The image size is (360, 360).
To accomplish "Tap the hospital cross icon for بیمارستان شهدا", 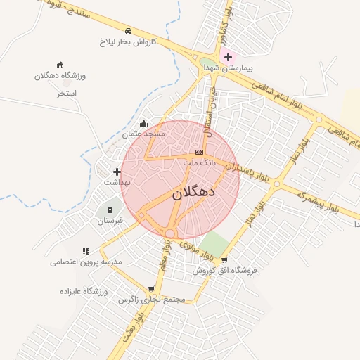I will click(x=229, y=56).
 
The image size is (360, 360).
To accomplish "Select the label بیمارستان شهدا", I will click(x=227, y=68).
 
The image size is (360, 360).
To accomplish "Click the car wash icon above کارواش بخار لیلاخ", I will click(x=128, y=32).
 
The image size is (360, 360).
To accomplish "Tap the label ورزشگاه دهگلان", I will click(x=60, y=75).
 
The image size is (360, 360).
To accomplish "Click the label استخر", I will click(x=67, y=93).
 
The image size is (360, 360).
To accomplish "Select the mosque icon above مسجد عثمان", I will click(x=144, y=123).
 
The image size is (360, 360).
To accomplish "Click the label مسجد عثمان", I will click(x=143, y=134).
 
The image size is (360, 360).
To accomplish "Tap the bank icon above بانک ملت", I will click(x=200, y=152).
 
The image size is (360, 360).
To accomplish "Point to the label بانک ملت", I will click(x=198, y=162).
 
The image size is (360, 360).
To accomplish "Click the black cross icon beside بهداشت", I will click(x=117, y=172).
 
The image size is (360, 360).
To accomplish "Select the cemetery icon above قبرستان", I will click(x=110, y=210).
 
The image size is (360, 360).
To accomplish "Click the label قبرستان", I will click(x=110, y=221).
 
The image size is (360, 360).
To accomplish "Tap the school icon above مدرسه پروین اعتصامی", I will click(x=86, y=250).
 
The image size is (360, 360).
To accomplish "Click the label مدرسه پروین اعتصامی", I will click(x=86, y=262).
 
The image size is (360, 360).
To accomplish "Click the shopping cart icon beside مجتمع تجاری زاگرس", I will click(x=152, y=289).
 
